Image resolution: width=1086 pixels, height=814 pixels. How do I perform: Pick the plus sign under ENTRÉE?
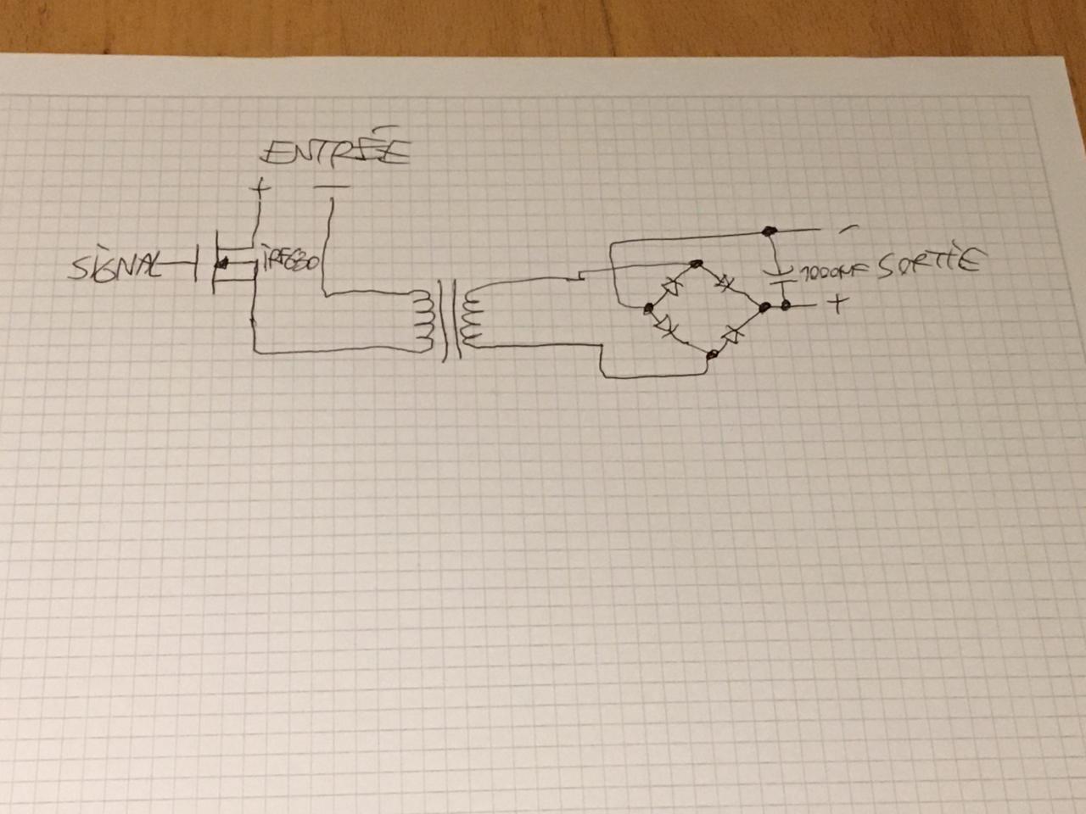pos(260,187)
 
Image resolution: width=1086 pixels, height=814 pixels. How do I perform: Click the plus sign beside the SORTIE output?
pos(837,304)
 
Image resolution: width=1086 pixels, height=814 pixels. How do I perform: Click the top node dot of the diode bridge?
pos(696,265)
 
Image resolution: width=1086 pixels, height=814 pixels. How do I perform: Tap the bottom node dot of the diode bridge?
pos(713,354)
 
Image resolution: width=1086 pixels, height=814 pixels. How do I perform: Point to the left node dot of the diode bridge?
pos(648,309)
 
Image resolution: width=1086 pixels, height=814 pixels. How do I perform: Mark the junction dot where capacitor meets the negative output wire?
pos(770,231)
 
